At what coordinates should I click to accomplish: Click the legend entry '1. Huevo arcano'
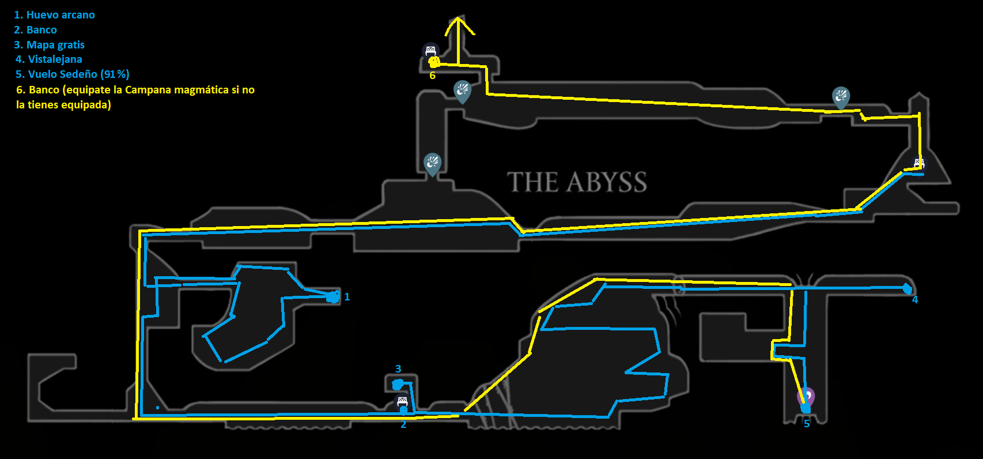point(54,15)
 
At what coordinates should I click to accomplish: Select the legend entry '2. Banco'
point(35,30)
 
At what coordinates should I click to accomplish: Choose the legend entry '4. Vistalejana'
point(49,59)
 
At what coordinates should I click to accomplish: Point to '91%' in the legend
point(115,74)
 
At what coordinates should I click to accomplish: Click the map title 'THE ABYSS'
point(577,182)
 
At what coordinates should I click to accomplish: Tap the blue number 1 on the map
point(347,297)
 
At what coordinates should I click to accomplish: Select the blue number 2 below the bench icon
point(403,425)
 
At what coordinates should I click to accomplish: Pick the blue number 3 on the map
point(398,369)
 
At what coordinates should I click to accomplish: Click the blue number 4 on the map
point(915,300)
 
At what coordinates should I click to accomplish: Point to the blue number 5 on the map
point(807,424)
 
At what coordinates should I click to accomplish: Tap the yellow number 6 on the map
point(432,76)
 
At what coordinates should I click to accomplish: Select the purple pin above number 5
point(806,396)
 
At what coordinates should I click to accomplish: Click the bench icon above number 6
point(430,51)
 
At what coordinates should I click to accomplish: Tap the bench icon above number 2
point(402,401)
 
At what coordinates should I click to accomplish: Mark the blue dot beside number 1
point(333,297)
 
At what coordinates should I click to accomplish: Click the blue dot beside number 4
point(907,288)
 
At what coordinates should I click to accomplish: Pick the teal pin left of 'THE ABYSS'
point(432,164)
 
